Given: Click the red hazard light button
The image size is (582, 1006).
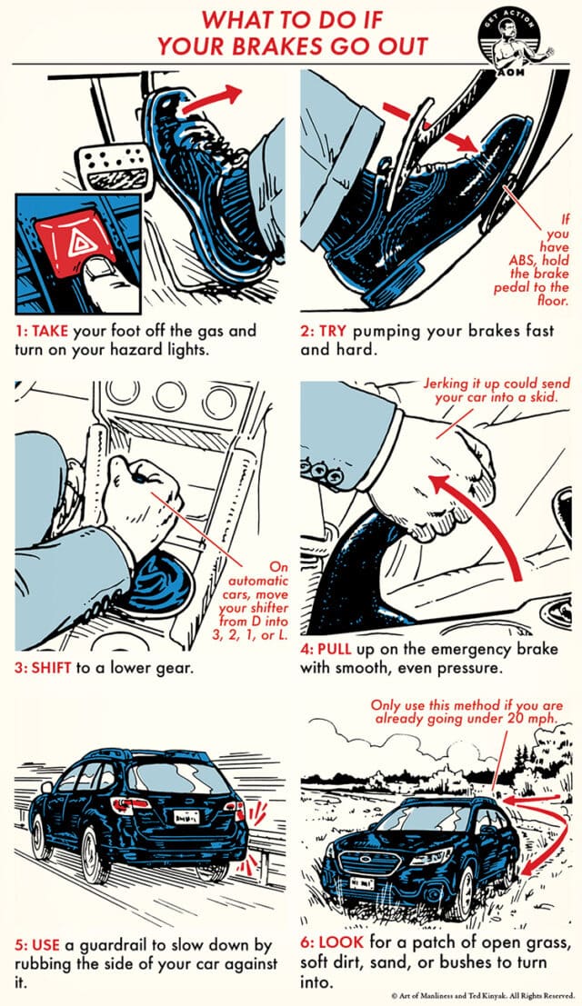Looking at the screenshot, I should tap(69, 241).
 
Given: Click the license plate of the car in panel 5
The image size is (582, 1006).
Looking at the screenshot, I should tap(187, 818).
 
